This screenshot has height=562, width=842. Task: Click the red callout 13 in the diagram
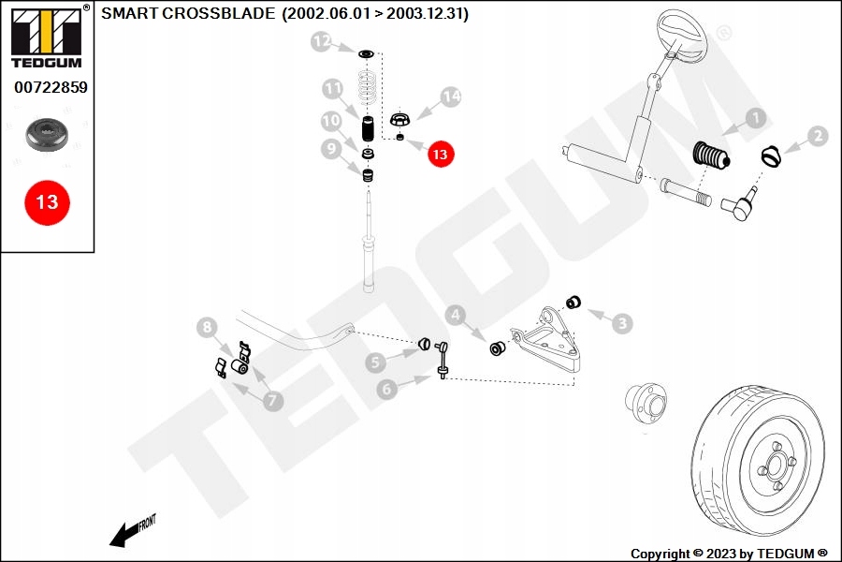coord(440,154)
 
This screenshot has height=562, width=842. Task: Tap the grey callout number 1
coord(754,119)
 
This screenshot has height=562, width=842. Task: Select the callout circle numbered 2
coord(817,137)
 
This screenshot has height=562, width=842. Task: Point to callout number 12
coord(322,41)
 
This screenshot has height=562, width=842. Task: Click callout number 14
coord(451,96)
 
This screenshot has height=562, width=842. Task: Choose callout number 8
coord(208,327)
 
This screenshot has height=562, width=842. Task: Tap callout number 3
coord(622,323)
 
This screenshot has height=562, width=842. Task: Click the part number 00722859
coord(50,88)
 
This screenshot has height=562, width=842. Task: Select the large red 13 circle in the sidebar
coord(47,201)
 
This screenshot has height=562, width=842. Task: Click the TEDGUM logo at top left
coord(46,37)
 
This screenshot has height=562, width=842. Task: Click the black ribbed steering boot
coord(713,155)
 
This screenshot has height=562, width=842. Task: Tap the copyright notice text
coord(729,554)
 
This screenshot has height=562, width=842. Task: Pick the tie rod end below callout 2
coord(745,209)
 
